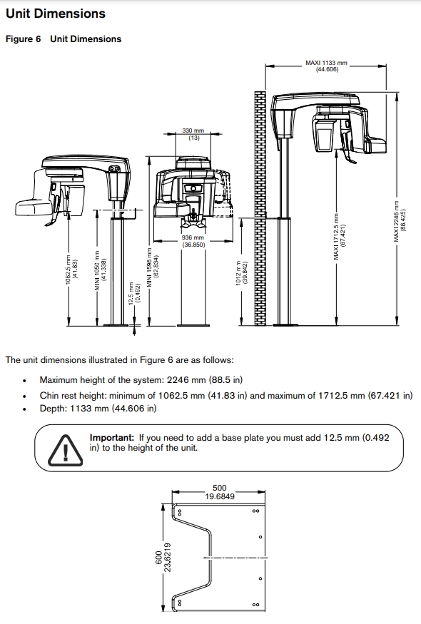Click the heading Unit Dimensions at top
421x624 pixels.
55,14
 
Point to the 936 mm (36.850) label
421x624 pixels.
193,241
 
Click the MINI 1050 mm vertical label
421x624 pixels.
100,268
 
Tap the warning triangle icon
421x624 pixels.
66,449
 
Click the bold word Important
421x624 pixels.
111,437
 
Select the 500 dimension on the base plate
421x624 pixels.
219,489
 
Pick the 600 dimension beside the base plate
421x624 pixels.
158,561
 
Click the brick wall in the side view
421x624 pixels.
260,214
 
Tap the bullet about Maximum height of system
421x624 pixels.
141,381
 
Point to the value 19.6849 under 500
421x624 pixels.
220,496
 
